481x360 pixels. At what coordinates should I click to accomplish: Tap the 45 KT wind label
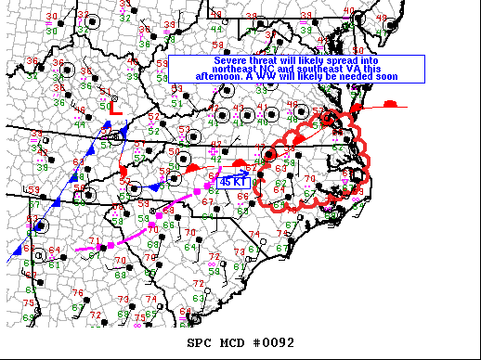coord(231,182)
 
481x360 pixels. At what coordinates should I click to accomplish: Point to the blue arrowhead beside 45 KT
coord(246,173)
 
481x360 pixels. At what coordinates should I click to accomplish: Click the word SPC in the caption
coord(200,342)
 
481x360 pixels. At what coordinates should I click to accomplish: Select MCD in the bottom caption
coord(235,342)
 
